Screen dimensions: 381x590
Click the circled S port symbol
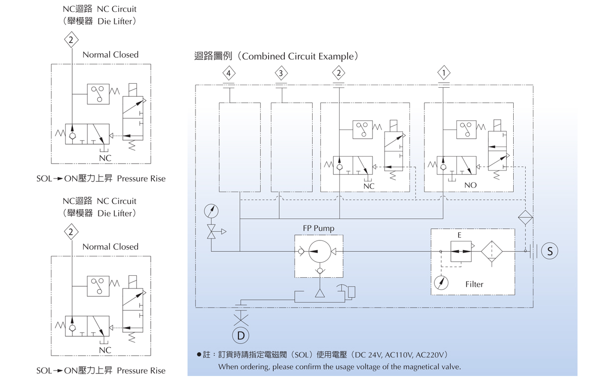[550, 251]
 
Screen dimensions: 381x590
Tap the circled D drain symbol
[240, 335]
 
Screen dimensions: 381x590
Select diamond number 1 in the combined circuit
[443, 74]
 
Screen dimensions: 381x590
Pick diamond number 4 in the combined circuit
[228, 74]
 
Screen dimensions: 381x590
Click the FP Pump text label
[319, 228]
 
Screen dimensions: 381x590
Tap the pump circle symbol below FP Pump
[319, 251]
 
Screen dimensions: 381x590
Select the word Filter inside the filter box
[474, 284]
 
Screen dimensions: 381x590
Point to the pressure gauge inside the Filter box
[441, 282]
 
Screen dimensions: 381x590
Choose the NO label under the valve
[470, 185]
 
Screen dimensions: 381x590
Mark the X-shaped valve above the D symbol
[240, 316]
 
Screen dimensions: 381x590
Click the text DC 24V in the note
[367, 355]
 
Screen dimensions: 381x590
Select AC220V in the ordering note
[430, 355]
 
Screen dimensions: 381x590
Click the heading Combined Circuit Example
[299, 56]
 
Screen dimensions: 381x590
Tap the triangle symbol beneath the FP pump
[319, 292]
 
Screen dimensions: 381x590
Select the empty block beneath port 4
[239, 147]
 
